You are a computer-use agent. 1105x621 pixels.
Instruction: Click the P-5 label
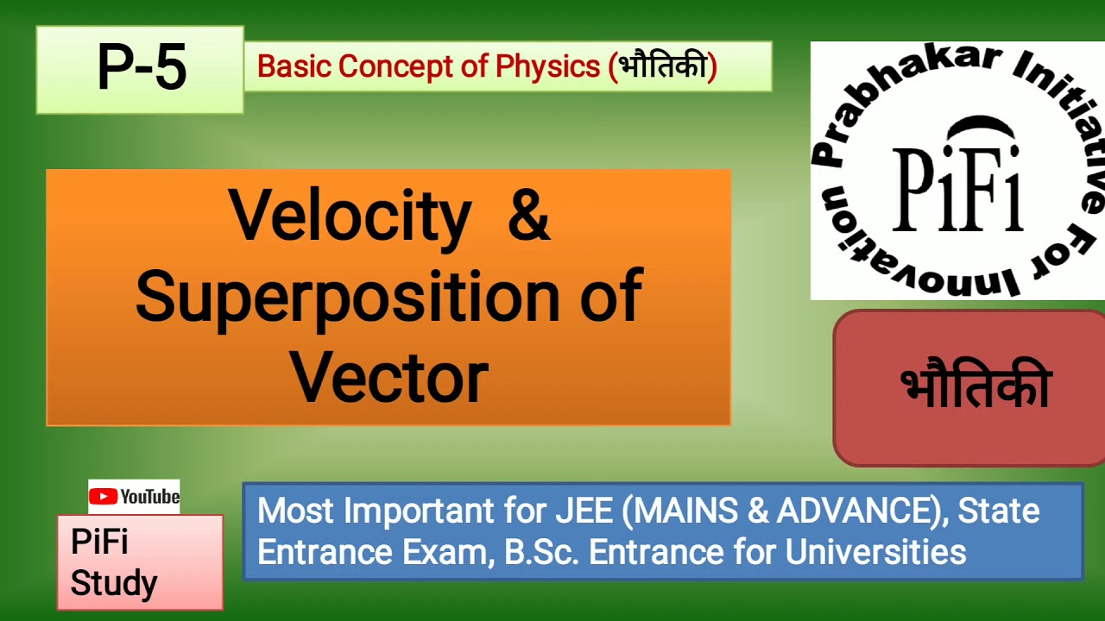tap(142, 69)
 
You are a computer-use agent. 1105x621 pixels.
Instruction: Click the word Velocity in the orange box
tap(350, 216)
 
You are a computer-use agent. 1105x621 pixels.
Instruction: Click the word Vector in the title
tap(389, 378)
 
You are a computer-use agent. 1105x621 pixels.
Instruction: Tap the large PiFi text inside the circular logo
tap(957, 191)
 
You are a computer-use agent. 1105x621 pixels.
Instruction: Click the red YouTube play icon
tap(104, 497)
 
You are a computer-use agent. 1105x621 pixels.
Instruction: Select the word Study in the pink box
tap(114, 583)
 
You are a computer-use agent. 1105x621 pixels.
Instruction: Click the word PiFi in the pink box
tap(99, 543)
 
